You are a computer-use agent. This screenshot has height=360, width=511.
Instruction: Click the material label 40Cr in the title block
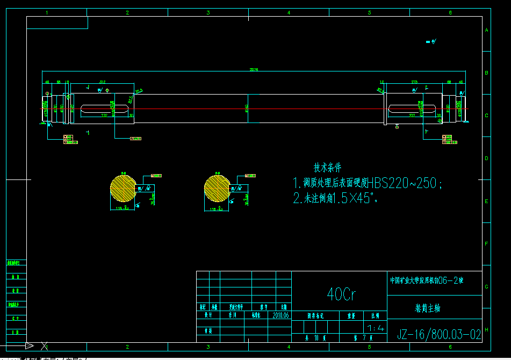[x=341, y=294]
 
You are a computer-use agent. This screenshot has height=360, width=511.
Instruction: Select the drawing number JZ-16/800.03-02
[x=439, y=335]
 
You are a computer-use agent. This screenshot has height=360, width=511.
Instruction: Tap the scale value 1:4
[x=374, y=327]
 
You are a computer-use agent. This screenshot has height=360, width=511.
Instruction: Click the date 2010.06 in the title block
[x=281, y=315]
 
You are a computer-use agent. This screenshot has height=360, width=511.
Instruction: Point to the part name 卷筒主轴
[x=428, y=308]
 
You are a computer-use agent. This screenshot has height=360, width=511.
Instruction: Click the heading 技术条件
[x=327, y=167]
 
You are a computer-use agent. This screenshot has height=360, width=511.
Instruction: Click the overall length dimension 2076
[x=254, y=69]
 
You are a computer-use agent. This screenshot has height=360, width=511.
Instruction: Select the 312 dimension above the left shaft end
[x=102, y=82]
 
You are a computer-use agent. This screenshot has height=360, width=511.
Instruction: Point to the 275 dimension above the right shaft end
[x=414, y=82]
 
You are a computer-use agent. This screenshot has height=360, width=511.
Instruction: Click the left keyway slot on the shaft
[x=104, y=109]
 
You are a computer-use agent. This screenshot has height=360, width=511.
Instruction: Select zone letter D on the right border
[x=486, y=159]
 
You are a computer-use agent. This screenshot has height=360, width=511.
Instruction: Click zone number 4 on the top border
[x=289, y=12]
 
